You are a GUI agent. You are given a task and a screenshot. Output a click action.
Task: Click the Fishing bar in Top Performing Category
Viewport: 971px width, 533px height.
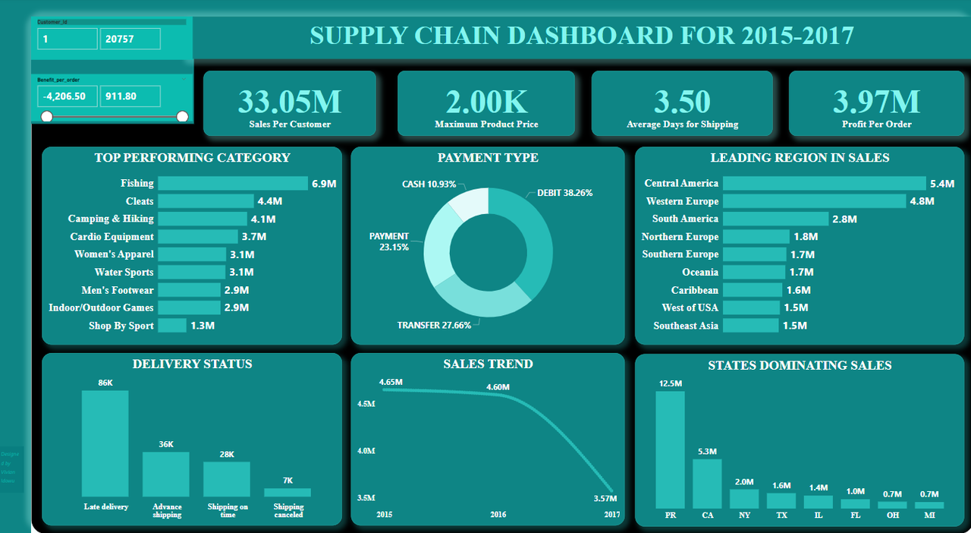click(x=232, y=184)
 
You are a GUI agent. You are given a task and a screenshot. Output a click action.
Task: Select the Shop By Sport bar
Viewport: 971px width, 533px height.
click(x=172, y=326)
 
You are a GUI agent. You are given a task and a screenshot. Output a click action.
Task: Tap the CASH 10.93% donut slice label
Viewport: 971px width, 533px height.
click(x=429, y=184)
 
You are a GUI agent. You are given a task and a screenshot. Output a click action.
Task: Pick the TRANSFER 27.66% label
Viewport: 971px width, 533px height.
click(x=434, y=325)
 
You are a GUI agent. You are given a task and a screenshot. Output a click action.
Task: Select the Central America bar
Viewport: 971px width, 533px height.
click(x=824, y=184)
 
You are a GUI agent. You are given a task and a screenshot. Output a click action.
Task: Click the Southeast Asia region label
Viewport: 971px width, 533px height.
click(x=686, y=326)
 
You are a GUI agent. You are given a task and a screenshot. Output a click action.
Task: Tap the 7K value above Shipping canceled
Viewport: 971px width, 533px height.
click(x=288, y=480)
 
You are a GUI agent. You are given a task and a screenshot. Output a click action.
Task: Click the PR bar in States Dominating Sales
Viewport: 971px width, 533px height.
click(x=670, y=449)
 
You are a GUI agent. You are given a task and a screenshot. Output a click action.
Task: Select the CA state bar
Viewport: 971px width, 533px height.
click(x=707, y=484)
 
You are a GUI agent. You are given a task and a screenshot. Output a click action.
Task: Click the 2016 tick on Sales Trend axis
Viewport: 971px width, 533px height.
click(x=498, y=515)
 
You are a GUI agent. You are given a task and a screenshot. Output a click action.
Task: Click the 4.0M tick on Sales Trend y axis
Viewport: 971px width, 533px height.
click(x=366, y=451)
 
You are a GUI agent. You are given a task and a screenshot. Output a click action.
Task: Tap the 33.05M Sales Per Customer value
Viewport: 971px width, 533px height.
click(x=290, y=102)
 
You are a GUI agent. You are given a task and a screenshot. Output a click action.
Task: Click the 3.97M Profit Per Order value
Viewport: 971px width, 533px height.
click(x=876, y=102)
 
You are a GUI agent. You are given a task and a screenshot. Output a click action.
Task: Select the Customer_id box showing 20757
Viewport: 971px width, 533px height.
click(x=130, y=39)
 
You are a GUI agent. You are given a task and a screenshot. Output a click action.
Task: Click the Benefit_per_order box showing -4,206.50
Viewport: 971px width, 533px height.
click(x=68, y=96)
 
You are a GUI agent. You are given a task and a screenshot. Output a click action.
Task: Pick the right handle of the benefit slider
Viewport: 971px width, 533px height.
click(x=182, y=116)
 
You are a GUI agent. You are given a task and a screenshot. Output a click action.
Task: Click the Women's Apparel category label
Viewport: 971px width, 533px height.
click(x=114, y=254)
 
